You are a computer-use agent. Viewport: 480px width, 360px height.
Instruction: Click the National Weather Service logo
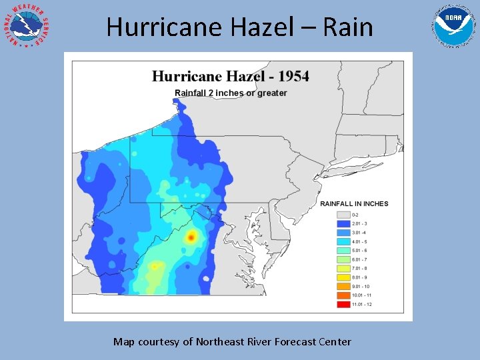click(x=27, y=27)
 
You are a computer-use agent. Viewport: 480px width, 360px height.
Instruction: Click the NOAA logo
click(x=454, y=25)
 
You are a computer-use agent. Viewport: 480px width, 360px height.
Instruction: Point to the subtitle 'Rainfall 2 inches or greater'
click(x=231, y=93)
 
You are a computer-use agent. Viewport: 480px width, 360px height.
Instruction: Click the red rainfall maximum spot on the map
click(x=191, y=237)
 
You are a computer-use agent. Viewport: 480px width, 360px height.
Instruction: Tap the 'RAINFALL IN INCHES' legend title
click(x=354, y=204)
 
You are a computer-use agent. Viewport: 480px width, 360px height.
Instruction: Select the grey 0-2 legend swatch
click(x=343, y=215)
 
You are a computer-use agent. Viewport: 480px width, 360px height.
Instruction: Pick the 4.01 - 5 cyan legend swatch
click(x=343, y=241)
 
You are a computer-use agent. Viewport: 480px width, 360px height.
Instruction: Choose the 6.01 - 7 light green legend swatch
click(x=343, y=259)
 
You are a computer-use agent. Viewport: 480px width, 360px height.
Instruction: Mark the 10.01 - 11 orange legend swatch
click(x=343, y=295)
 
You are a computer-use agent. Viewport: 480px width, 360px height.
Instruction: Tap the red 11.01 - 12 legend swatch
click(x=343, y=304)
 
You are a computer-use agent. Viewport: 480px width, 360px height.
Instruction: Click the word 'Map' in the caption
click(x=123, y=342)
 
